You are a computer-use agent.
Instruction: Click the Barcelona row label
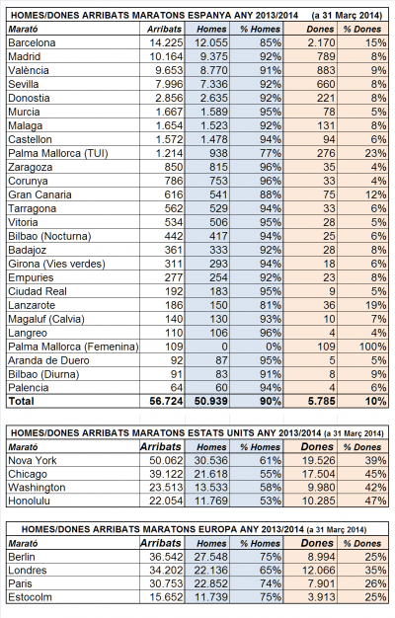pyautogui.click(x=32, y=42)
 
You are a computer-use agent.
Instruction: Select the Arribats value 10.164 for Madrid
pyautogui.click(x=166, y=56)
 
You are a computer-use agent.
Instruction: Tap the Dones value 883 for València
pyautogui.click(x=323, y=70)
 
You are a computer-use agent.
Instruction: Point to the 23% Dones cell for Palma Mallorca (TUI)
pyautogui.click(x=375, y=153)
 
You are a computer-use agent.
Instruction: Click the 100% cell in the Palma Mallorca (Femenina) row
pyautogui.click(x=373, y=347)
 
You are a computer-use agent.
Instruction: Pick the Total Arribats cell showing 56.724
pyautogui.click(x=166, y=401)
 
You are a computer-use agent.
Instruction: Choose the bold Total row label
pyautogui.click(x=22, y=401)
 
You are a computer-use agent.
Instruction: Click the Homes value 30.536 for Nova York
pyautogui.click(x=211, y=460)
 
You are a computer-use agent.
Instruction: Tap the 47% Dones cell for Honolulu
pyautogui.click(x=375, y=501)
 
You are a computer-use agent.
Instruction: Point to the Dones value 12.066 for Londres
pyautogui.click(x=319, y=570)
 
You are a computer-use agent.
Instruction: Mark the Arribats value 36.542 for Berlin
pyautogui.click(x=166, y=557)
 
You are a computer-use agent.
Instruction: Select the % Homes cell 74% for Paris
pyautogui.click(x=271, y=583)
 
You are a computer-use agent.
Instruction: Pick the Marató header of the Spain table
pyautogui.click(x=23, y=30)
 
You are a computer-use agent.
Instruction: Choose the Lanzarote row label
pyautogui.click(x=32, y=305)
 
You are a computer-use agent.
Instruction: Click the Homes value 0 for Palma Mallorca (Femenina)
pyautogui.click(x=224, y=347)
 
